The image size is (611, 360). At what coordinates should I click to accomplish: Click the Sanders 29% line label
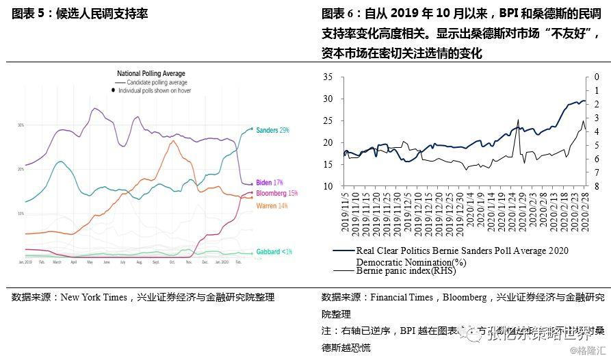coord(272,129)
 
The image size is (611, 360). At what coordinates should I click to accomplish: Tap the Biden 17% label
coord(269,183)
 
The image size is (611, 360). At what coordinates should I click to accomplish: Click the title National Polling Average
coord(151,73)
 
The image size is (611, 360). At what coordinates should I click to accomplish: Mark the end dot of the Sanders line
coord(251,129)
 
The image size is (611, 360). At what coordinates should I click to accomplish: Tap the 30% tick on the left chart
coord(21,125)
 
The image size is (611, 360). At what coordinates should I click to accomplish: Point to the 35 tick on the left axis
coord(327,77)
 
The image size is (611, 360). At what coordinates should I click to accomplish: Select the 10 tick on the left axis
coord(327,186)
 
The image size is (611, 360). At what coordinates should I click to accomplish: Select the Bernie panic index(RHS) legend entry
coord(406,270)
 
